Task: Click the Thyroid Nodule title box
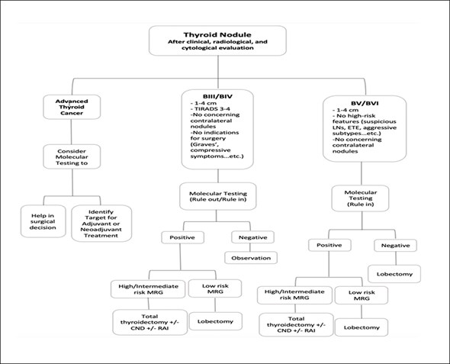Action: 217,40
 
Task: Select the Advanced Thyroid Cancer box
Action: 72,107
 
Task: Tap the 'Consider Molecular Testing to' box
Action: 72,156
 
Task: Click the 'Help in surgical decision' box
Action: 43,221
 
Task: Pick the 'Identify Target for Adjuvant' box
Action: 101,224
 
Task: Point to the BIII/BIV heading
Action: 217,96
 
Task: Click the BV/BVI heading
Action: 365,103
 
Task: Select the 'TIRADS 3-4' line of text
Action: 210,109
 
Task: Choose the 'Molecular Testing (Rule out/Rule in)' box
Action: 218,196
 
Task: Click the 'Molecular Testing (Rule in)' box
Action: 361,198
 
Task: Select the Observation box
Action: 251,258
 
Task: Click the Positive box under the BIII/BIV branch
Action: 182,237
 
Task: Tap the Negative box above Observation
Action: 252,237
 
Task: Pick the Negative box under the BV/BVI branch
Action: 396,246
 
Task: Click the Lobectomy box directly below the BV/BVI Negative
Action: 394,274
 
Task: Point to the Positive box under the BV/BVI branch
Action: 329,245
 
